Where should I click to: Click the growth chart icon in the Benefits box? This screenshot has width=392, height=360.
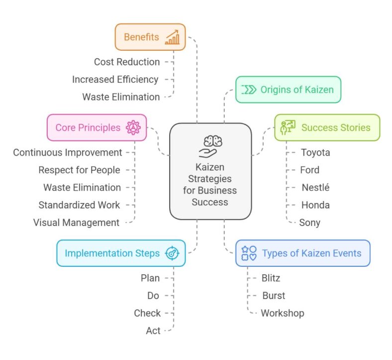tap(172, 37)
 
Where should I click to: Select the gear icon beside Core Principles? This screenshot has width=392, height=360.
tap(133, 128)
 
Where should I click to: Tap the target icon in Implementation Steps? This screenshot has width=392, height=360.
tap(172, 253)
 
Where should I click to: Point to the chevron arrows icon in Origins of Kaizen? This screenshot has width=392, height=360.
tap(249, 90)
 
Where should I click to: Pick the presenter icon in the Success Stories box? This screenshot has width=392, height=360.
tap(287, 127)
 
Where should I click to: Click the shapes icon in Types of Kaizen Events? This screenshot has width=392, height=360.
tap(249, 253)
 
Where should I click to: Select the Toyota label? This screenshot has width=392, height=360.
tap(315, 153)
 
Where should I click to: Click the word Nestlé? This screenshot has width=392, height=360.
tap(315, 188)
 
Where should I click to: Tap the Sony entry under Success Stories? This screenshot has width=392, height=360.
tap(309, 223)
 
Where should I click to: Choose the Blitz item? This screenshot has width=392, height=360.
tap(271, 278)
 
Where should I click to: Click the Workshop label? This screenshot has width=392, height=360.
tap(282, 313)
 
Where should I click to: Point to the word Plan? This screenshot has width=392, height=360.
tap(150, 278)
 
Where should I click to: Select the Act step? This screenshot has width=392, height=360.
tap(153, 331)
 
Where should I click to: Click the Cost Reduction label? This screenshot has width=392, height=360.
tap(127, 62)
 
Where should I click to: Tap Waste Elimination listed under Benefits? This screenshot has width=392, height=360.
tap(121, 97)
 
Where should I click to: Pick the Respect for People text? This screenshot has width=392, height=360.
tap(79, 170)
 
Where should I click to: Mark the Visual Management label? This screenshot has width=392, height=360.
tap(76, 223)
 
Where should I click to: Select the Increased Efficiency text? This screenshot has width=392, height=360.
tap(115, 79)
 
